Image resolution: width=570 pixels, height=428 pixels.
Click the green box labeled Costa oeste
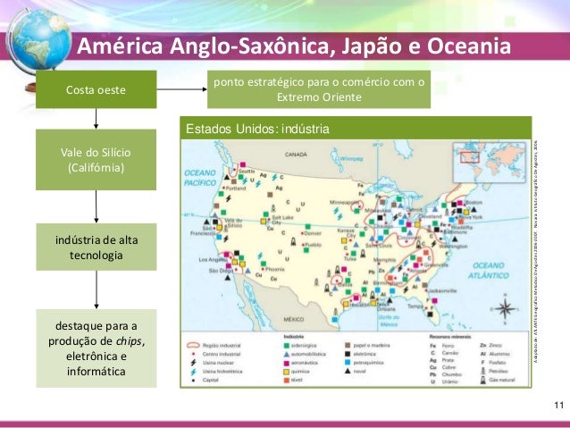point(96,91)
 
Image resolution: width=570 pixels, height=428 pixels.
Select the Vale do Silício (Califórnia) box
point(96,159)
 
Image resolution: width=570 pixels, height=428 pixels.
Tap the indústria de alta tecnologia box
point(96,248)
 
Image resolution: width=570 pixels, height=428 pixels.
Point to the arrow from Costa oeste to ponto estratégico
point(181,90)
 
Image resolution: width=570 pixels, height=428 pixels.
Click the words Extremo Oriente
point(318,97)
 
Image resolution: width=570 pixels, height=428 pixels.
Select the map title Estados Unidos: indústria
point(257,130)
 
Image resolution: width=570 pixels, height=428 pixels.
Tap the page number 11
point(558,408)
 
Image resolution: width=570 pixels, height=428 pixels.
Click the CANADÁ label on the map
point(296,155)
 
